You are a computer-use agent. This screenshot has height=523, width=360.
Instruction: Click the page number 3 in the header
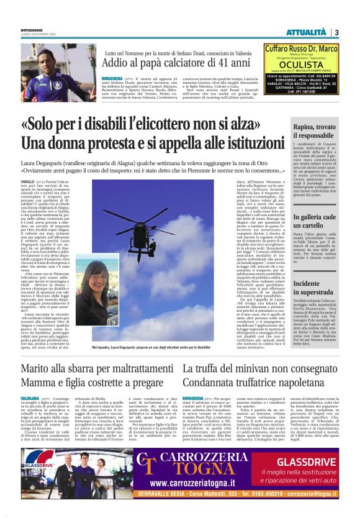click(x=336, y=32)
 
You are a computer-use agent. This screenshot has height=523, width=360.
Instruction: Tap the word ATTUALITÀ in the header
click(x=310, y=32)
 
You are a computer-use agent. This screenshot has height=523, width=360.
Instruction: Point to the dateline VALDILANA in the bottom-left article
click(x=30, y=396)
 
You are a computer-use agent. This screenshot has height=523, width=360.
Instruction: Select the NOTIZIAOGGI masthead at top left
click(x=32, y=30)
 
